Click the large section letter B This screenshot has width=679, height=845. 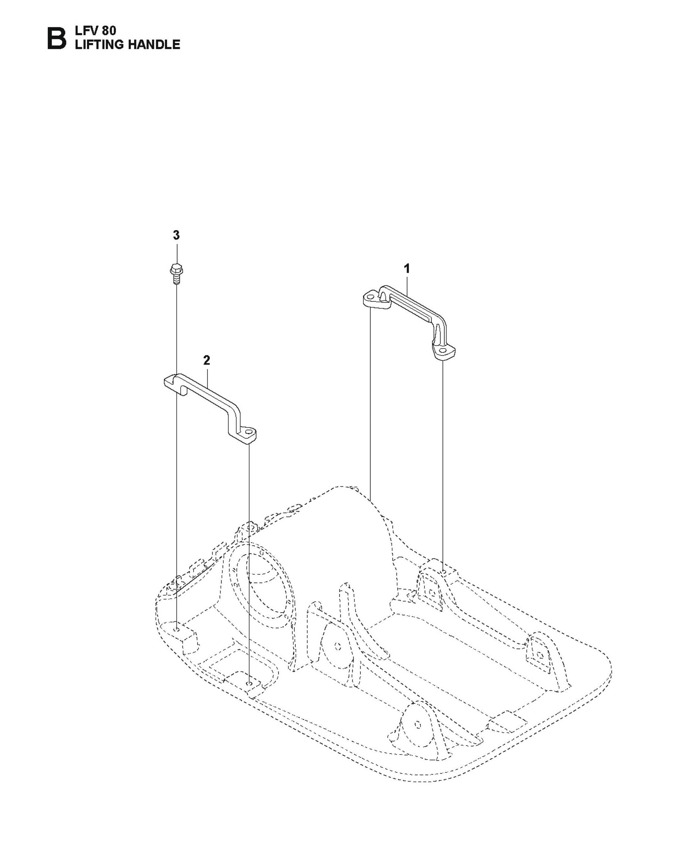click(56, 38)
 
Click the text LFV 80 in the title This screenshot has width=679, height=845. click(96, 30)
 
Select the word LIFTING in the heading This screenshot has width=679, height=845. click(99, 44)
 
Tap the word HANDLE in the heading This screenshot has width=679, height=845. click(154, 44)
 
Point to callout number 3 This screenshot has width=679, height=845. click(176, 235)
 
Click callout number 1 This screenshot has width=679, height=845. click(407, 269)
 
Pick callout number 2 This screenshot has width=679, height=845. click(206, 360)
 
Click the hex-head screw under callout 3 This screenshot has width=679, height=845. click(176, 274)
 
